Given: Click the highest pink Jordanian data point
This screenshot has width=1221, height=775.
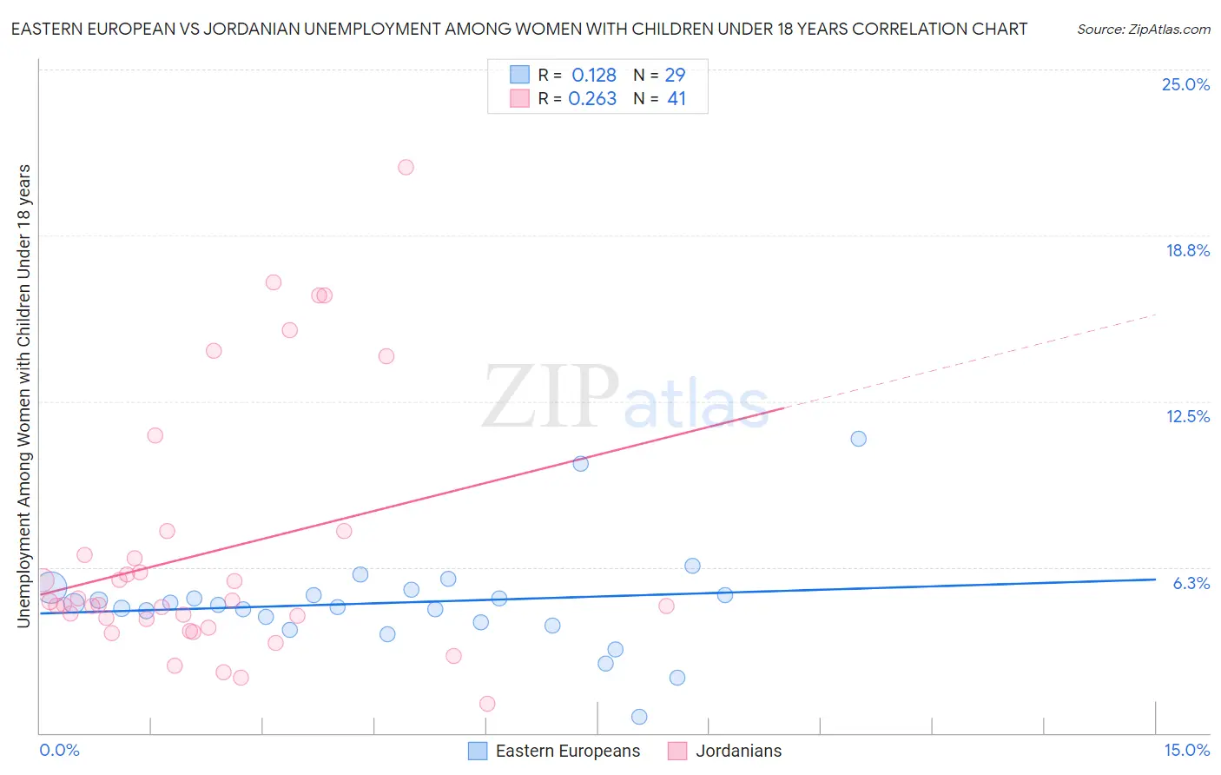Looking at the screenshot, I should tap(406, 167).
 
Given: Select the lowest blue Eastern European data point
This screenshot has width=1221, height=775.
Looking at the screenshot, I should tap(639, 717).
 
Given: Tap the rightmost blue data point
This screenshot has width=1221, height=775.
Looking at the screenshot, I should tap(858, 439).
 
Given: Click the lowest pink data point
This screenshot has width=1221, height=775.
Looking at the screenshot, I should tap(487, 704).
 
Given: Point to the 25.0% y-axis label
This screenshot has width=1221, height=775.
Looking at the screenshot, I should tap(1185, 84).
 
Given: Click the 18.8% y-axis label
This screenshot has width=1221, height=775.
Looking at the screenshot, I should tap(1187, 250).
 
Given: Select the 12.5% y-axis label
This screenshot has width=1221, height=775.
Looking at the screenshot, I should tap(1187, 416).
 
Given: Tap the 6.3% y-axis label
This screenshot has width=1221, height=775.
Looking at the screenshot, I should tap(1191, 583).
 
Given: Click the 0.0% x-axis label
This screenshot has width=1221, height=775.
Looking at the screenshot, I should tap(60, 751).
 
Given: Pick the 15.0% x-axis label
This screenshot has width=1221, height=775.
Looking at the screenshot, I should tap(1186, 751).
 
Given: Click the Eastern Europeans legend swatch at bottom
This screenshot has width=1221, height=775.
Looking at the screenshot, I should tap(478, 751).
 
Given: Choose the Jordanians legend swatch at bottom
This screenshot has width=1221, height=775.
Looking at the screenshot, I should tap(677, 751).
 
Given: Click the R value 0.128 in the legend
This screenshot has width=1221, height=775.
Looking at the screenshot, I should tap(594, 75).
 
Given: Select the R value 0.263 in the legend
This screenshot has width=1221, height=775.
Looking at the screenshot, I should tap(592, 98).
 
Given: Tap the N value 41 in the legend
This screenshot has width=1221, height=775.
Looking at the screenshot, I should tap(676, 98).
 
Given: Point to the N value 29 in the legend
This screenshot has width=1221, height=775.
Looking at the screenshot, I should tap(675, 75).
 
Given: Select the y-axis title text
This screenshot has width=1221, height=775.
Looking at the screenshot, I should tap(23, 395).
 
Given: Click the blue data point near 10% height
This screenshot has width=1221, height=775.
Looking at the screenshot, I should tap(581, 464).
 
